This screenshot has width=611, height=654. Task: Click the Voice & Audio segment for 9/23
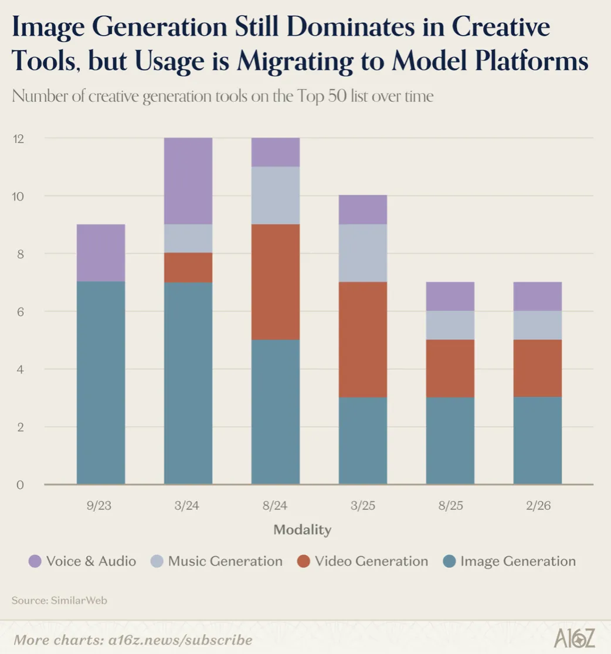pos(101,253)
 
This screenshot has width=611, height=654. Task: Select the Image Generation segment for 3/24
pos(188,383)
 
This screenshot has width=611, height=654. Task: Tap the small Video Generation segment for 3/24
pos(188,268)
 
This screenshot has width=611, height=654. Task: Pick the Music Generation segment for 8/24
pos(276,195)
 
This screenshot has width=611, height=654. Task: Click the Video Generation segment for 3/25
pos(363,339)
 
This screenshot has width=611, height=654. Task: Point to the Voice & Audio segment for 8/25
pos(450,296)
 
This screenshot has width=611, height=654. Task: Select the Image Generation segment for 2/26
pos(538,441)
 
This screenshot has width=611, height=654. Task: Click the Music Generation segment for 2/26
pos(538,325)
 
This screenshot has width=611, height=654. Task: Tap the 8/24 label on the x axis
pos(276,506)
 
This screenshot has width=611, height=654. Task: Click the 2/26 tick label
pos(538,506)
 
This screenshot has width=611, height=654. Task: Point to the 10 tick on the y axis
pos(19,196)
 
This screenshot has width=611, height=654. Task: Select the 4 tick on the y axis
pos(19,369)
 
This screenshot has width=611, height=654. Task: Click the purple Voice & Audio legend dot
pos(35,561)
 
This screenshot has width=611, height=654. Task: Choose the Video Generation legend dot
pos(303,561)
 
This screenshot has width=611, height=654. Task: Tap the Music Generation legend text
pos(225,561)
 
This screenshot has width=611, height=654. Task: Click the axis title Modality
pos(303,530)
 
